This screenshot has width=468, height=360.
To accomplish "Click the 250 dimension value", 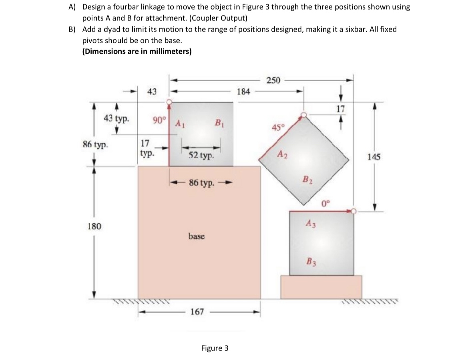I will (x=273, y=80).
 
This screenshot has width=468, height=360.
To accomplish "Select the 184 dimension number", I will (x=243, y=92).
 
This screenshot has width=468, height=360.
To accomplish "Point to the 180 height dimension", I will (x=94, y=226).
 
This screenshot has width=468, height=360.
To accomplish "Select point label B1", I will (x=219, y=122).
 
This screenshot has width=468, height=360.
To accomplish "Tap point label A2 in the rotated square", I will (x=282, y=156).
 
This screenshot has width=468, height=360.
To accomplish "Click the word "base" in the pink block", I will (x=196, y=236).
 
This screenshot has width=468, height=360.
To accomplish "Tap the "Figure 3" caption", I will (x=215, y=348).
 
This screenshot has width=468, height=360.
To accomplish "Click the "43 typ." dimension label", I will (x=115, y=119).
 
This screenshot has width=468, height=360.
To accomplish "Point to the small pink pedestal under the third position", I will (x=321, y=287).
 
